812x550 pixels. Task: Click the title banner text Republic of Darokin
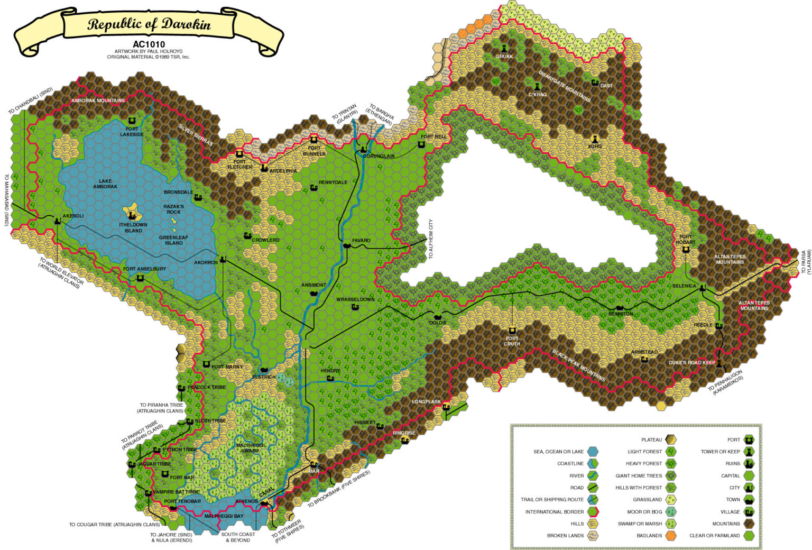click(149, 24)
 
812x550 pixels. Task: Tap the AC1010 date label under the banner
click(149, 44)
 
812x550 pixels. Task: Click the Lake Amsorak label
click(105, 184)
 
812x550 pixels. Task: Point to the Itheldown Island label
click(133, 227)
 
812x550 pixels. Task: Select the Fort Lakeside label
click(132, 132)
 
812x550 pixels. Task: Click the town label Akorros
click(206, 262)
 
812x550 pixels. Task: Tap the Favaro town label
click(361, 240)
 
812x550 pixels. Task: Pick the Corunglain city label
click(379, 156)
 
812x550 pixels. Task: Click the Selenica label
click(684, 286)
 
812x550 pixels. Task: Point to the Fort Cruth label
click(512, 341)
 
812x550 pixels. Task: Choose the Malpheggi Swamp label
click(250, 448)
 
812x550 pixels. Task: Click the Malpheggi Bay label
click(224, 516)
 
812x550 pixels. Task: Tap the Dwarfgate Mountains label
click(565, 86)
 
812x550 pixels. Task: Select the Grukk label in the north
click(504, 56)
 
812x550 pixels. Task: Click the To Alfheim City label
click(431, 239)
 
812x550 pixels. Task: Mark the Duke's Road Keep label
click(691, 362)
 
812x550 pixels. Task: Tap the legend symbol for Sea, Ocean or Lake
click(593, 452)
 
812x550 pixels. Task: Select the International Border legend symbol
click(593, 512)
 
